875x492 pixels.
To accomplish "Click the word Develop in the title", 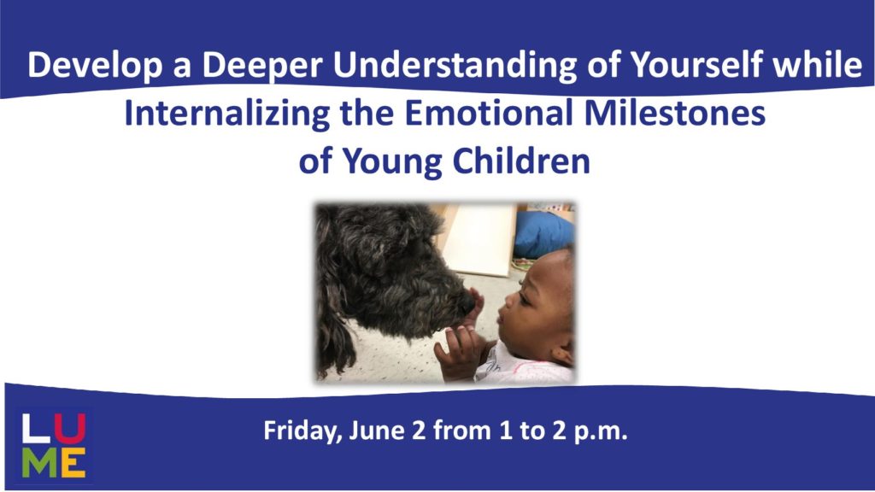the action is (94, 65).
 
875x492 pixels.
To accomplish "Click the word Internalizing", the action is (227, 114).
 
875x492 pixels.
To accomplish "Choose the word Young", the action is (391, 161).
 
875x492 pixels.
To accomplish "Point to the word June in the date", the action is (376, 430).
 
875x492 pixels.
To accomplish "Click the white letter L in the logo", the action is (36, 429).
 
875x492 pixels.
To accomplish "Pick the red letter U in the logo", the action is (70, 429).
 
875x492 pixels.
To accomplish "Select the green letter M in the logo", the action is (39, 462).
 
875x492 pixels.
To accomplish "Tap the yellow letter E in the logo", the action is (73, 462).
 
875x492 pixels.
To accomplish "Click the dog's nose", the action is (467, 303).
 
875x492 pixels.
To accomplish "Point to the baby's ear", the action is (562, 354).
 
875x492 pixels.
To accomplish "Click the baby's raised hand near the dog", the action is (473, 308).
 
